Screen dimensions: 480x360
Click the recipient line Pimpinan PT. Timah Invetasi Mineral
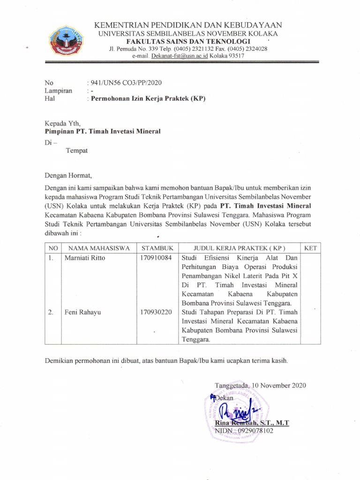pos(102,131)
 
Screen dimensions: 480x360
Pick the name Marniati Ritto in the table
pos(85,258)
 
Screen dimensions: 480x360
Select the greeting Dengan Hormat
pos(68,176)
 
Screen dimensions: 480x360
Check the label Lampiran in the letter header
pos(58,90)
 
